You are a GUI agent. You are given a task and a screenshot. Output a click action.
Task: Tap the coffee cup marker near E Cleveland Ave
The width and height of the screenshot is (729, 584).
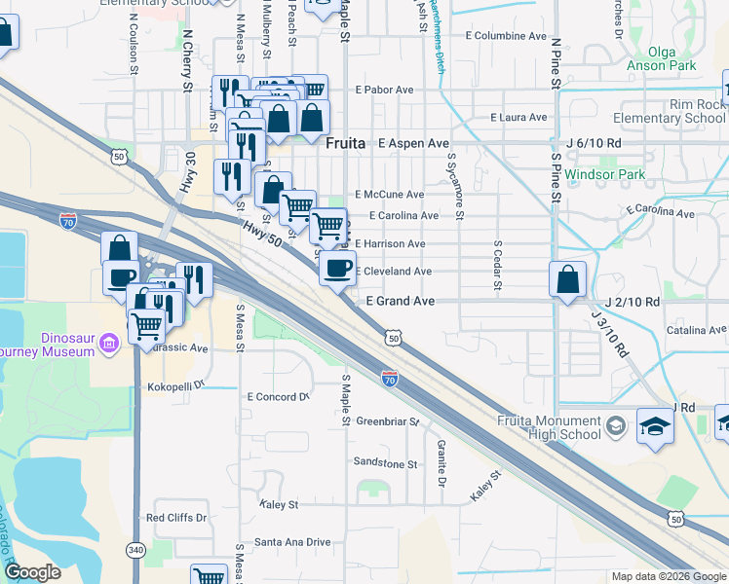coord(337,269)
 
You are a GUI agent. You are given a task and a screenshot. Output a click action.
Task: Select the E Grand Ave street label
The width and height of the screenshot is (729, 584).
coord(400,302)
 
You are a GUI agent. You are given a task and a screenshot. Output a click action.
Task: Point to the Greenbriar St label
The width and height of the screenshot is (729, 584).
coord(386,422)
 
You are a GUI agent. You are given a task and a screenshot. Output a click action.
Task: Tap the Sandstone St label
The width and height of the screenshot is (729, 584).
coord(384,463)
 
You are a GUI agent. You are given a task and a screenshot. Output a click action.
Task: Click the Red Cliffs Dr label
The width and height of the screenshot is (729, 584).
coord(176,518)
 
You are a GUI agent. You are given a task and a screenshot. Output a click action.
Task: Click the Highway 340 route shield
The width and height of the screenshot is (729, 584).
coord(135,551)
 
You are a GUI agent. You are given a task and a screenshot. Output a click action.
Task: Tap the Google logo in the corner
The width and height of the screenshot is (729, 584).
coord(32,572)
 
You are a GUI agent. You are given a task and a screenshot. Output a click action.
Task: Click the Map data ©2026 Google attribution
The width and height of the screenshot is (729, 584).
coord(668,576)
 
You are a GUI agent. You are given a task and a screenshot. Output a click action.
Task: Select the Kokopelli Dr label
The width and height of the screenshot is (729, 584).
coord(178,386)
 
